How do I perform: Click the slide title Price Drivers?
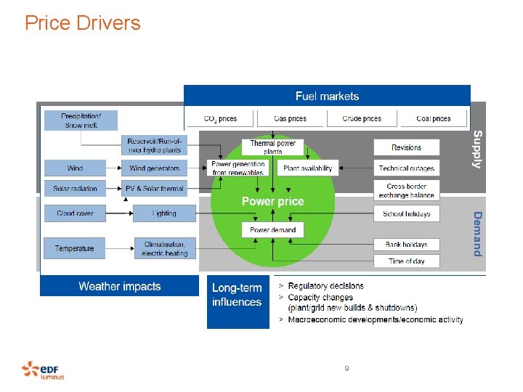click(82, 23)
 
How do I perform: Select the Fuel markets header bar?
click(327, 96)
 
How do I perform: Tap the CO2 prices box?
click(220, 118)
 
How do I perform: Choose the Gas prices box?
click(290, 118)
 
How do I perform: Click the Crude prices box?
click(362, 118)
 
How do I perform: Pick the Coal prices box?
click(433, 118)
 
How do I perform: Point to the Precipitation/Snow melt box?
click(80, 121)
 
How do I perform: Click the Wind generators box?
click(154, 168)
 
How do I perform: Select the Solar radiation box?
click(75, 189)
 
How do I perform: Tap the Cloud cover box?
click(75, 213)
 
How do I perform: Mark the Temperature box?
click(75, 248)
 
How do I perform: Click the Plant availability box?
click(307, 168)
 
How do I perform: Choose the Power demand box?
click(272, 230)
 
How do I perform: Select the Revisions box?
click(406, 147)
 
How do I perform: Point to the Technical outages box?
click(406, 168)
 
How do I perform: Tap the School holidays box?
click(406, 214)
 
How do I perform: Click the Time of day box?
click(406, 261)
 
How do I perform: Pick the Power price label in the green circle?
click(272, 201)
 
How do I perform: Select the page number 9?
click(346, 369)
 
